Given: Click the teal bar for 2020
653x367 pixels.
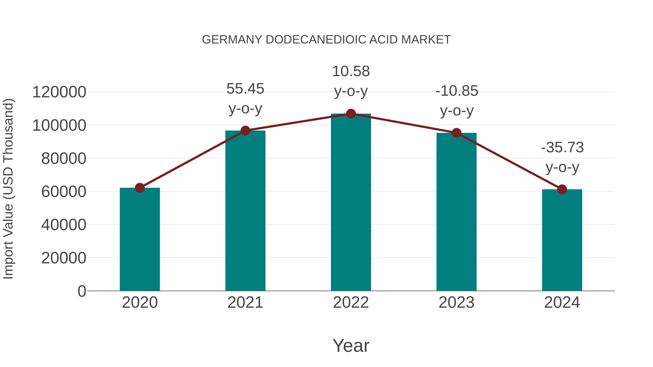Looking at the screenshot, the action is pyautogui.click(x=140, y=239).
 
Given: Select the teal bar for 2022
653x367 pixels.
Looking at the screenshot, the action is pyautogui.click(x=351, y=203).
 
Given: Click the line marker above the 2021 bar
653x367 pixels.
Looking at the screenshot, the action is pyautogui.click(x=245, y=131).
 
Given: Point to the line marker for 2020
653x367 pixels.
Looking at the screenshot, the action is pyautogui.click(x=140, y=188).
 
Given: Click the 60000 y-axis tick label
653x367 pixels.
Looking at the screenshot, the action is pyautogui.click(x=64, y=192).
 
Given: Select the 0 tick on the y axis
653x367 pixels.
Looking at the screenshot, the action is pyautogui.click(x=82, y=291).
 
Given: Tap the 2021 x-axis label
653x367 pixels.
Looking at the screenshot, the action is pyautogui.click(x=245, y=303).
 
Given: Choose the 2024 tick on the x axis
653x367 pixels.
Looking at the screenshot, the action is pyautogui.click(x=562, y=303).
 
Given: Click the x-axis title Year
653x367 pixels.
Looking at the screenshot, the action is pyautogui.click(x=351, y=346).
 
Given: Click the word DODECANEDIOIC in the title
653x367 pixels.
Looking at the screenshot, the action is pyautogui.click(x=316, y=40).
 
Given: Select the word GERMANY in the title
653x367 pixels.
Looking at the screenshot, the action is pyautogui.click(x=232, y=40).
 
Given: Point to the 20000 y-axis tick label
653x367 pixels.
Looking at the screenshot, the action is pyautogui.click(x=64, y=258).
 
